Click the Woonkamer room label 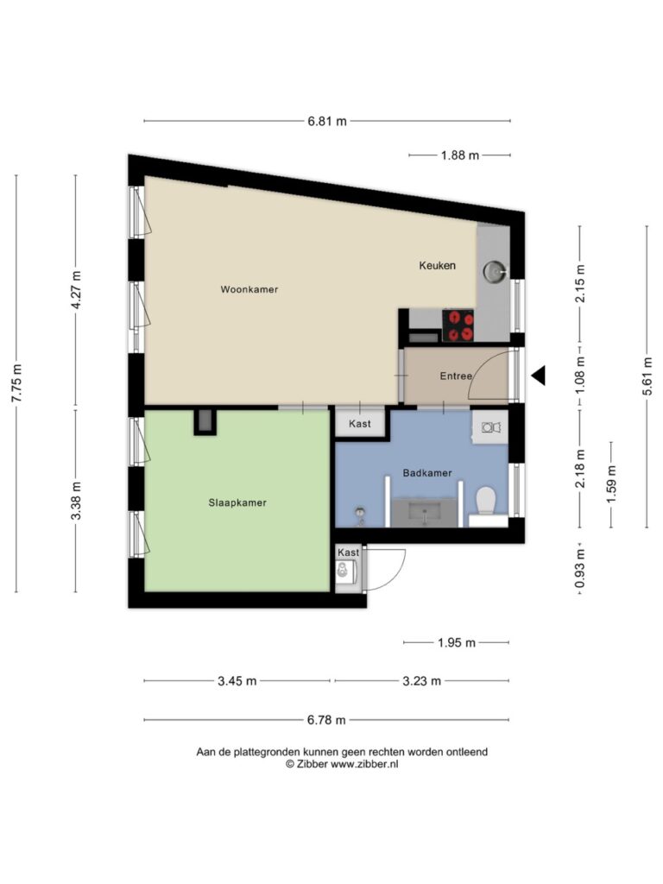(x=249, y=289)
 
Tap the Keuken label (x=437, y=265)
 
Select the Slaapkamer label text (x=237, y=502)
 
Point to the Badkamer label (x=427, y=473)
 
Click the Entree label (x=456, y=376)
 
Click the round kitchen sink (x=495, y=272)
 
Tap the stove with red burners (x=458, y=325)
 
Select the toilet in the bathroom (x=485, y=501)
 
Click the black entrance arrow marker (x=539, y=376)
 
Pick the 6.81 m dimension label (x=327, y=121)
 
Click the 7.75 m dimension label (x=16, y=383)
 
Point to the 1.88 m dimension (x=460, y=155)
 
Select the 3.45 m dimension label (x=237, y=681)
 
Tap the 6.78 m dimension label (x=326, y=720)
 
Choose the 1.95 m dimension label (x=457, y=642)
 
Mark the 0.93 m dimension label (x=579, y=568)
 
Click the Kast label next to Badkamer (x=360, y=423)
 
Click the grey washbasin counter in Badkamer (x=425, y=513)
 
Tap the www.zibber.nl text (x=364, y=765)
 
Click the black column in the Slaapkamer (x=205, y=421)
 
